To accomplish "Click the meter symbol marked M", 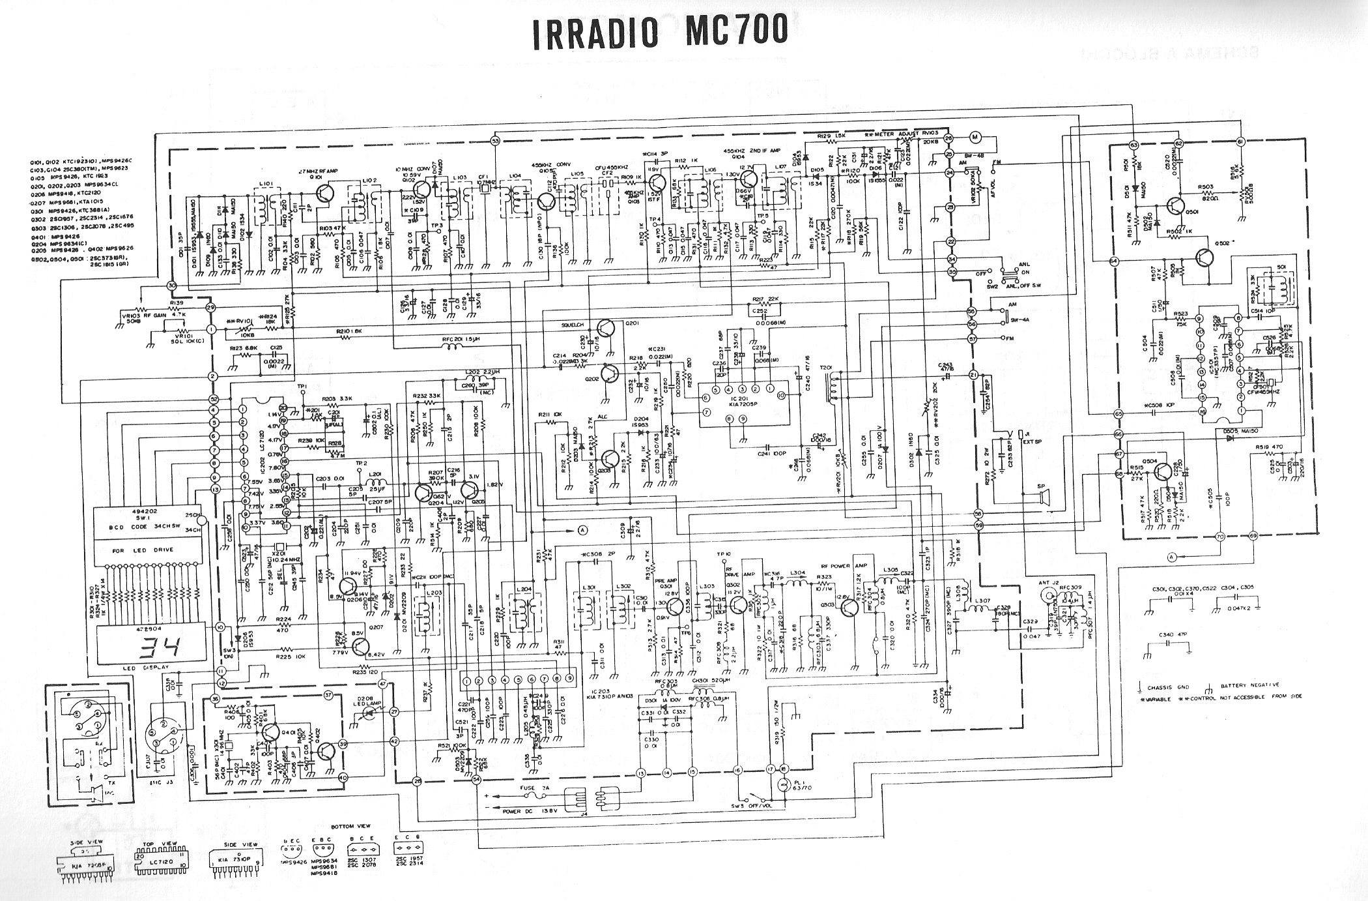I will click(x=975, y=136).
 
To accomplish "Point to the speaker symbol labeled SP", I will click(x=1045, y=499).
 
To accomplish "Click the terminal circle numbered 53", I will click(x=495, y=140).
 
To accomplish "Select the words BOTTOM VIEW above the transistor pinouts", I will click(x=351, y=827).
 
